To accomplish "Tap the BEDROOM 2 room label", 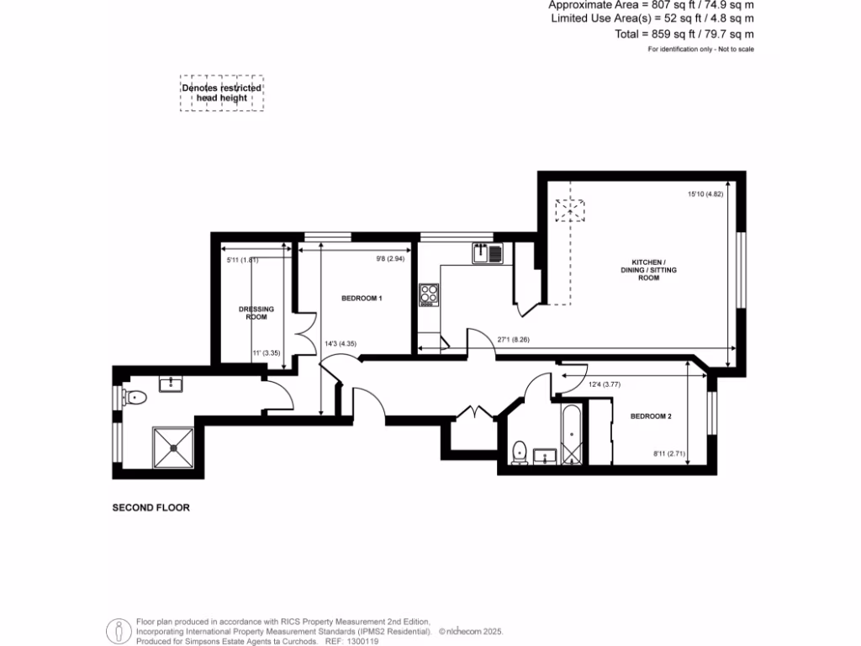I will [651, 416].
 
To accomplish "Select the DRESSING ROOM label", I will [256, 313].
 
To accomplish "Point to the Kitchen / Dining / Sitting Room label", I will [647, 270].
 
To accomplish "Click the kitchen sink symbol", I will [487, 252].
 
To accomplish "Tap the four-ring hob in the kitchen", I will [429, 294].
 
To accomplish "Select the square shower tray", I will [174, 447].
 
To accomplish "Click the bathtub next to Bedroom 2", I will [572, 434].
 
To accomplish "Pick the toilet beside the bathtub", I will [520, 453].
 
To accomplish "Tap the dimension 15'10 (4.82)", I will [705, 194].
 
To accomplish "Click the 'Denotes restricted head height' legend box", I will [221, 93].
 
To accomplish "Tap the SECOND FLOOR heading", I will [151, 508].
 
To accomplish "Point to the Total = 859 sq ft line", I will [684, 34].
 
